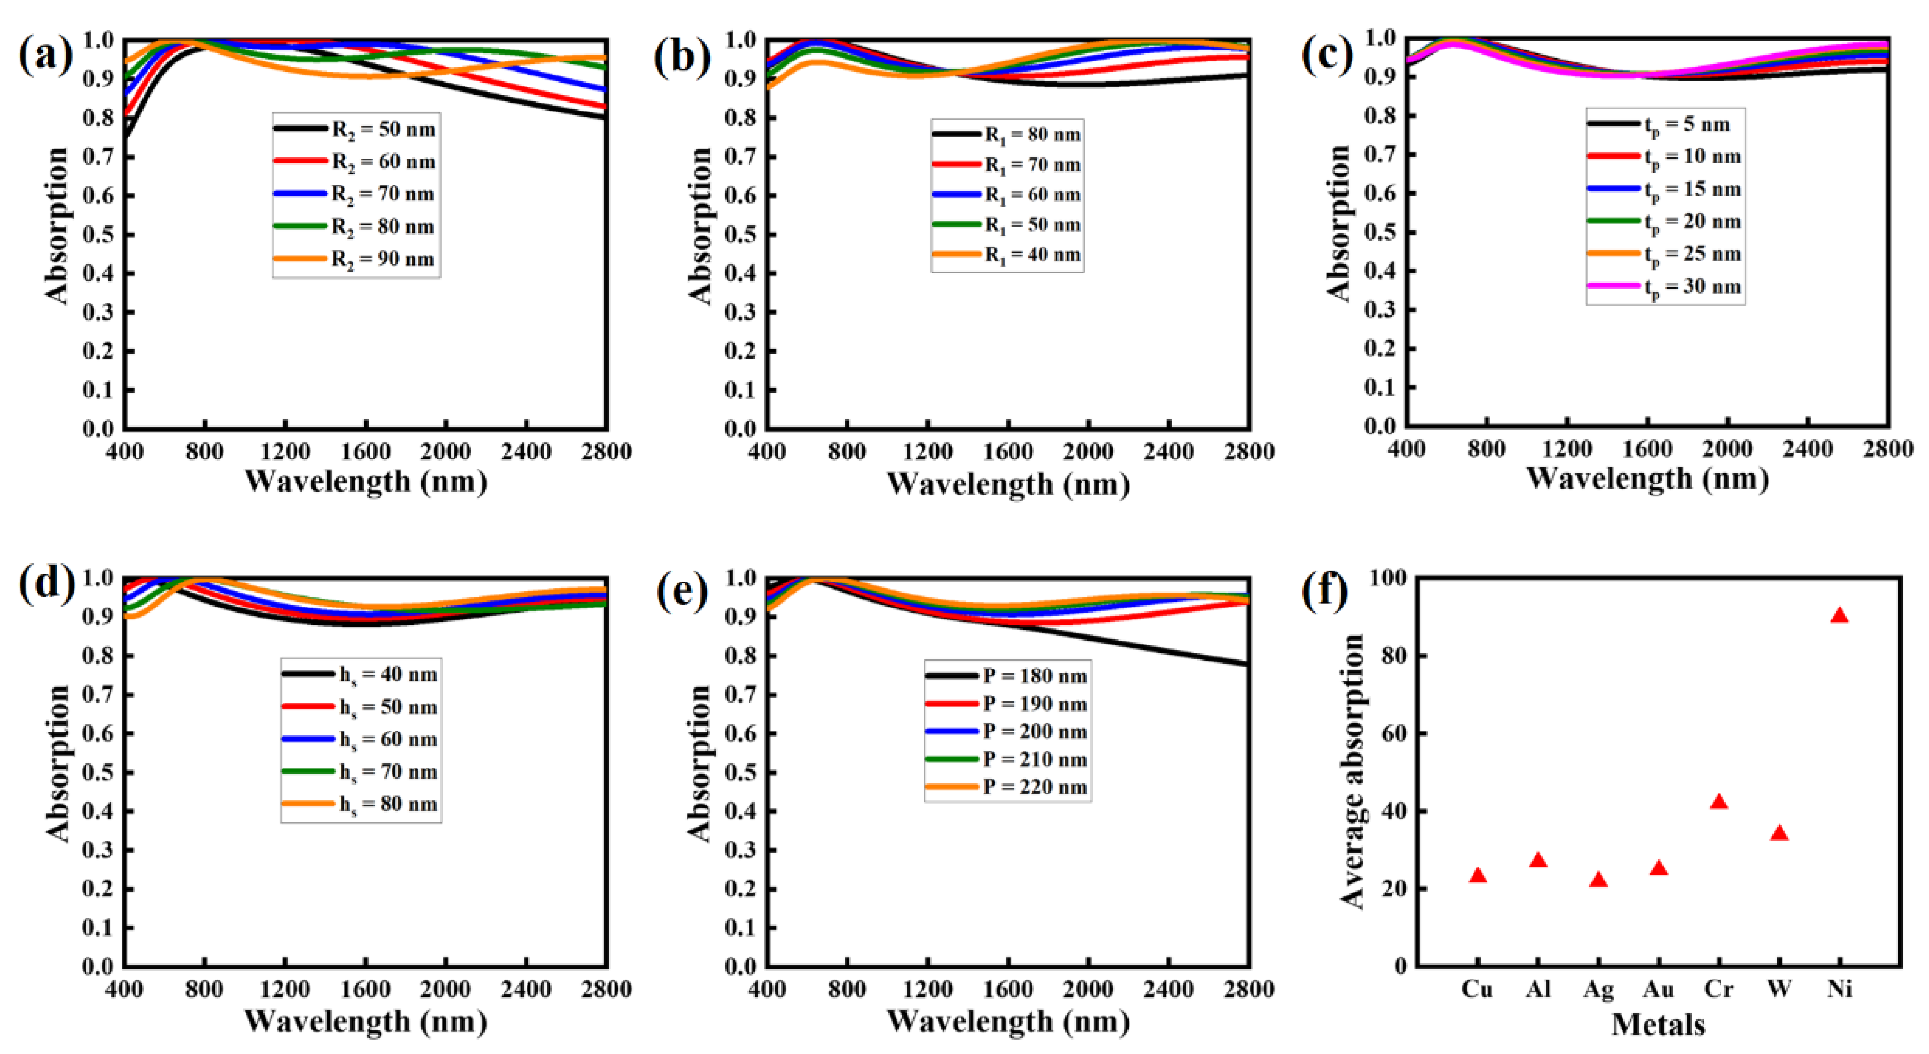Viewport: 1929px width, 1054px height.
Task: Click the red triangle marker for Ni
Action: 1839,616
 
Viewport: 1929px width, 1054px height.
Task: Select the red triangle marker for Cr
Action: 1719,802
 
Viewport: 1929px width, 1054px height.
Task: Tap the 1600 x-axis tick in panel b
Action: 1008,452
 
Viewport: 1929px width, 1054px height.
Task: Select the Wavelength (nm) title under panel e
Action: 1008,1022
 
